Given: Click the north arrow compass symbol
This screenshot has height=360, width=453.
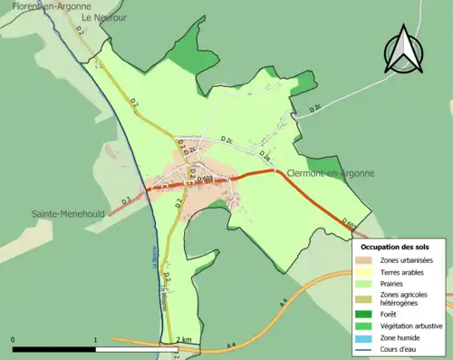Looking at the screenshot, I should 403,50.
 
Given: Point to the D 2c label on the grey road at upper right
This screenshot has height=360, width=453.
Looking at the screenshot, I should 316,108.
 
